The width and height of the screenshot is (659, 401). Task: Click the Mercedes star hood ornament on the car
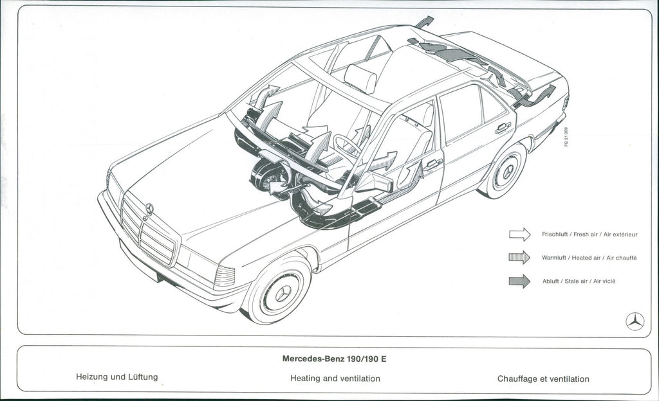149,208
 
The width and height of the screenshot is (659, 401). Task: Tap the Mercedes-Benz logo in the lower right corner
635,321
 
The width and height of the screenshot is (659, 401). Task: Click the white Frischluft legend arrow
519,235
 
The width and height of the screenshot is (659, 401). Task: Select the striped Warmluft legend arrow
519,258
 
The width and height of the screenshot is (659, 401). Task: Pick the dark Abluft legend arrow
519,281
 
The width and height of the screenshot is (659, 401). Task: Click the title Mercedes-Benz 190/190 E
334,359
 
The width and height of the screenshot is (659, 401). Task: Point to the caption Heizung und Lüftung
116,377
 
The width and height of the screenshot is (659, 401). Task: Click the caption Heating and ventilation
335,379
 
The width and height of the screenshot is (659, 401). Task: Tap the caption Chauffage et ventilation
543,379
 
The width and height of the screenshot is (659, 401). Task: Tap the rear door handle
503,127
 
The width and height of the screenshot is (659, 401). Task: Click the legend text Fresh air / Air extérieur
589,235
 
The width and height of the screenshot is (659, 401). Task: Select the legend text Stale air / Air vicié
579,281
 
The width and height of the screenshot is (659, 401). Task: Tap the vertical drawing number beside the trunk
566,137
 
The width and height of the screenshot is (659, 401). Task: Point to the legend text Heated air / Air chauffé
589,258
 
